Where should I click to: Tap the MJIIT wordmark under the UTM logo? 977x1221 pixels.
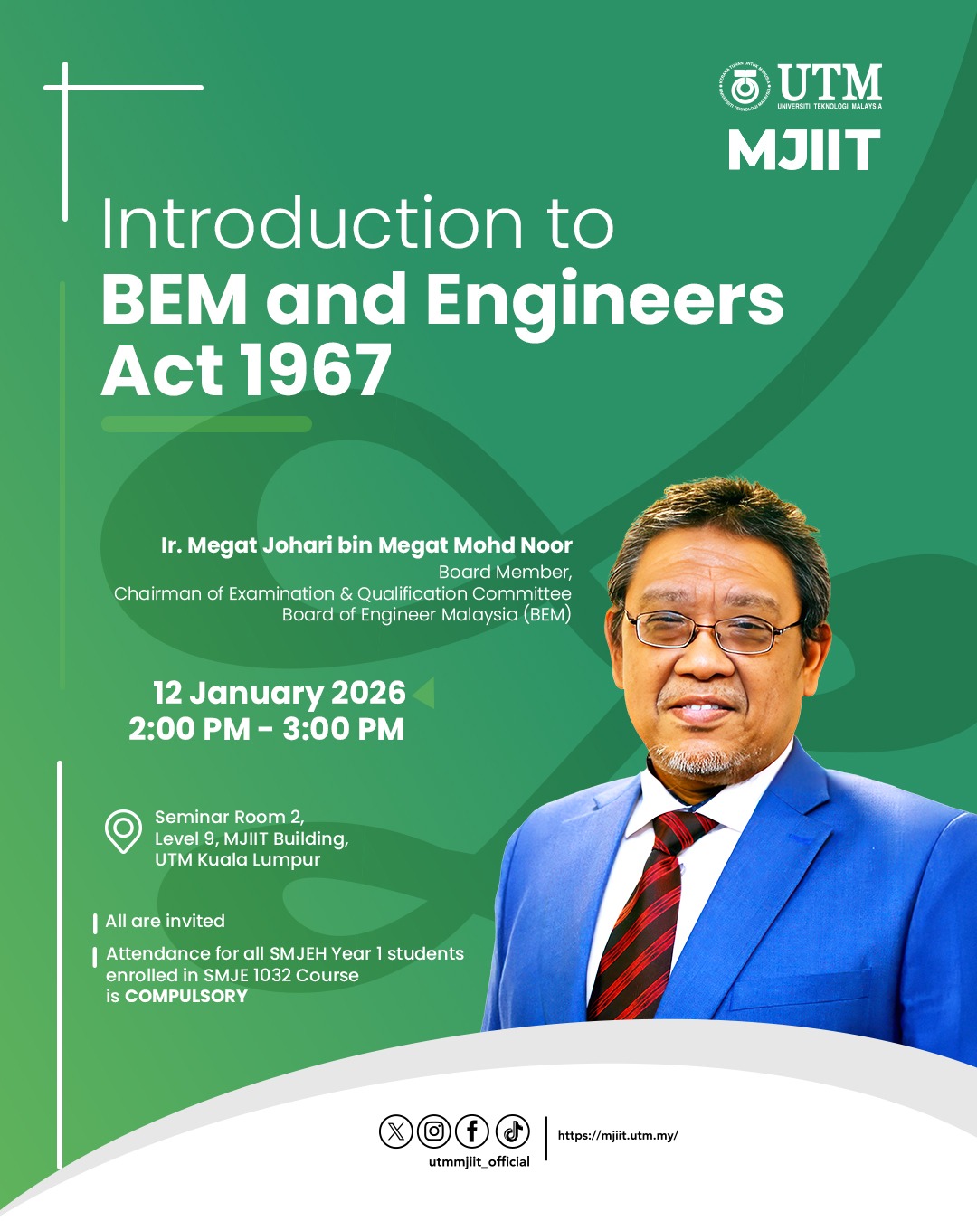point(804,149)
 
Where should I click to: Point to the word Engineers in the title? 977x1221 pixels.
point(604,302)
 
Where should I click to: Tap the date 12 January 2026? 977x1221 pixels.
point(280,693)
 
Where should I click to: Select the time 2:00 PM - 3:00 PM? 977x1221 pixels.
point(266,729)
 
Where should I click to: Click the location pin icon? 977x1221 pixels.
point(123,831)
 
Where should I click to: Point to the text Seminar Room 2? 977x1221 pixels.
point(230,817)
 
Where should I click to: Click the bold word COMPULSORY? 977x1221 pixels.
point(186,996)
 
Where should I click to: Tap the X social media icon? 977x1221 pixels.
point(395,1132)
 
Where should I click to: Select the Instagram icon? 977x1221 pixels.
point(433,1131)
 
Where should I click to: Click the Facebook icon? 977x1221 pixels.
point(472,1131)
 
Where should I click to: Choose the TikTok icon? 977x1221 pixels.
point(513,1131)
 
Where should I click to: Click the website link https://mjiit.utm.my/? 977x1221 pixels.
point(618,1135)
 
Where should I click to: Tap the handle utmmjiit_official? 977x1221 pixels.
point(479,1162)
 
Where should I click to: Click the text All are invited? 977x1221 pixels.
point(166,921)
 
